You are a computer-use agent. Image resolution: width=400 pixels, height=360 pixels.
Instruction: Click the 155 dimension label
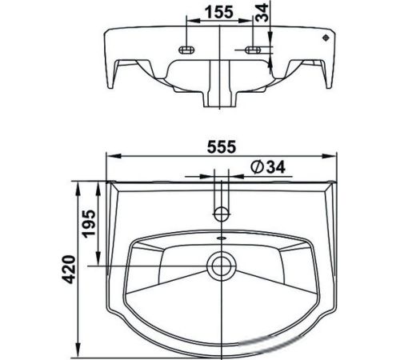click(219, 12)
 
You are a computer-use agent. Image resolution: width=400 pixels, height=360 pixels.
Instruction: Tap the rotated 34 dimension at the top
click(262, 13)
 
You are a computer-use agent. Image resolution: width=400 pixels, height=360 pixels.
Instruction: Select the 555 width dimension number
click(222, 147)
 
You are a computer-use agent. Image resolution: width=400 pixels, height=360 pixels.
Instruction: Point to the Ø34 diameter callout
click(268, 167)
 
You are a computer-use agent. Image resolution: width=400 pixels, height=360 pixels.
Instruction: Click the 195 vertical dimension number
click(89, 223)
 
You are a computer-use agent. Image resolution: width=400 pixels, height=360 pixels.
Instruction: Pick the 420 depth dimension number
click(69, 270)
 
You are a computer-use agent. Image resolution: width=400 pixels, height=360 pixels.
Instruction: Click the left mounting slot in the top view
click(186, 50)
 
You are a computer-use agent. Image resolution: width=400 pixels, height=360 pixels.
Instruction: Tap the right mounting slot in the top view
click(253, 50)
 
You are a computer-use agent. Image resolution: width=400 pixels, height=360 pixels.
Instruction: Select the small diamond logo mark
click(326, 38)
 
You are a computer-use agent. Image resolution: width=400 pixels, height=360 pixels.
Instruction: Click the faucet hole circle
click(222, 214)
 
